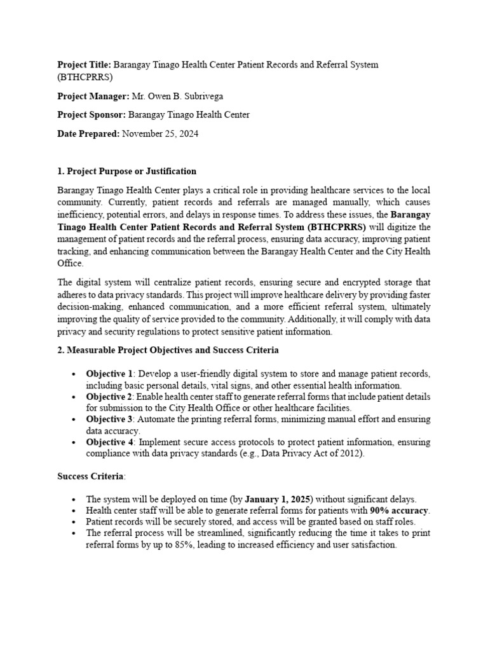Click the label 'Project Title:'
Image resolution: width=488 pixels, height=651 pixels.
(x=84, y=65)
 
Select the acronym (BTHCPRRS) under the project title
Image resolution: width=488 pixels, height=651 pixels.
(x=85, y=78)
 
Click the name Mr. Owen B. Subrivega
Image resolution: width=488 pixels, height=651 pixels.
(x=177, y=96)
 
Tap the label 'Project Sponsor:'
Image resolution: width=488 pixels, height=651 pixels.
(x=91, y=115)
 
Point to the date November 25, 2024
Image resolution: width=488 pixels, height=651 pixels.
(x=160, y=134)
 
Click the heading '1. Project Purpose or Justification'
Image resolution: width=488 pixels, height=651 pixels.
(x=126, y=171)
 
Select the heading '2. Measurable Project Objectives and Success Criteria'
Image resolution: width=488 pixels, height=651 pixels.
(x=168, y=350)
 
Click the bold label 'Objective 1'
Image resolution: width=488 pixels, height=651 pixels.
(x=109, y=373)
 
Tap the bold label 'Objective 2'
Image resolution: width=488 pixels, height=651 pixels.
(x=109, y=397)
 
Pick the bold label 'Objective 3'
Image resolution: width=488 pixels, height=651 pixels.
(x=109, y=420)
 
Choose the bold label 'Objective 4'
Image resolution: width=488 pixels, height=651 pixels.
(x=109, y=442)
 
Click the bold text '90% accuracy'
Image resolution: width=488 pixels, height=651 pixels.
(x=400, y=511)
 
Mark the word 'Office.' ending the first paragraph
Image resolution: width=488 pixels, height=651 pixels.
(x=71, y=263)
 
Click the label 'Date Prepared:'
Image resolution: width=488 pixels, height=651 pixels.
(x=88, y=134)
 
